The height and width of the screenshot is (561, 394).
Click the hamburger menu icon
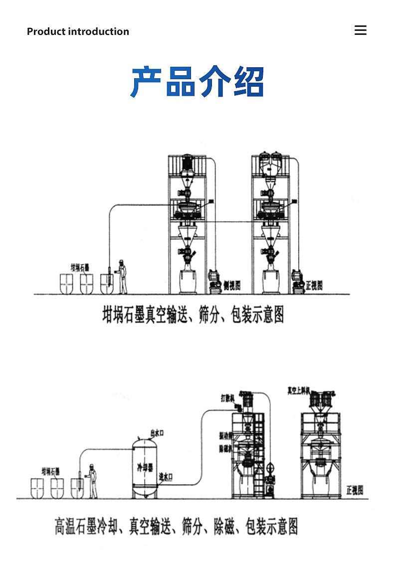click(360, 30)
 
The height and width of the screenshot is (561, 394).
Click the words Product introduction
click(78, 31)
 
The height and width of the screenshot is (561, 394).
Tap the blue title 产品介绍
click(197, 82)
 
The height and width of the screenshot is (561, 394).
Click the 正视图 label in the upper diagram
click(314, 285)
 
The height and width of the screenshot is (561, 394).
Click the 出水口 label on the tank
click(158, 433)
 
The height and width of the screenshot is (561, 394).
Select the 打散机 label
click(227, 398)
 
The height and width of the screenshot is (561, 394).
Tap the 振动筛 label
click(226, 435)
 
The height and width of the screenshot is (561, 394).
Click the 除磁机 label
click(226, 448)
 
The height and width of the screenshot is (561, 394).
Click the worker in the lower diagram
click(92, 481)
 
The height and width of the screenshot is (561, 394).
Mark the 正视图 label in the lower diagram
click(355, 491)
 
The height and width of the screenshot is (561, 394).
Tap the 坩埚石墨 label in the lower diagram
click(50, 470)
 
